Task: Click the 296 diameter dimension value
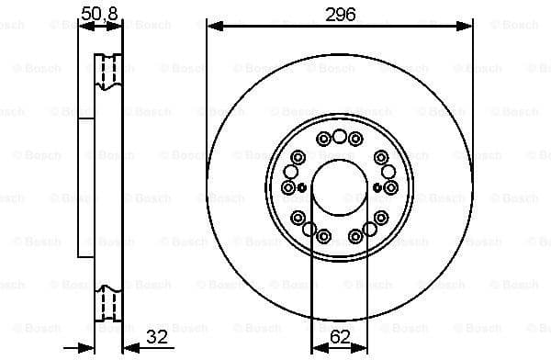point(340,13)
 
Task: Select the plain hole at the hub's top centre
point(340,137)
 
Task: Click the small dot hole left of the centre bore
point(301,187)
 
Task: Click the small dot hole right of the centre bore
point(378,187)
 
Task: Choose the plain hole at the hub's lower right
point(367,231)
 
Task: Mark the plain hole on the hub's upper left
point(291,172)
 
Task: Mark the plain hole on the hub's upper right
point(388,172)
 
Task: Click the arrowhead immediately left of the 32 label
point(128,348)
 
